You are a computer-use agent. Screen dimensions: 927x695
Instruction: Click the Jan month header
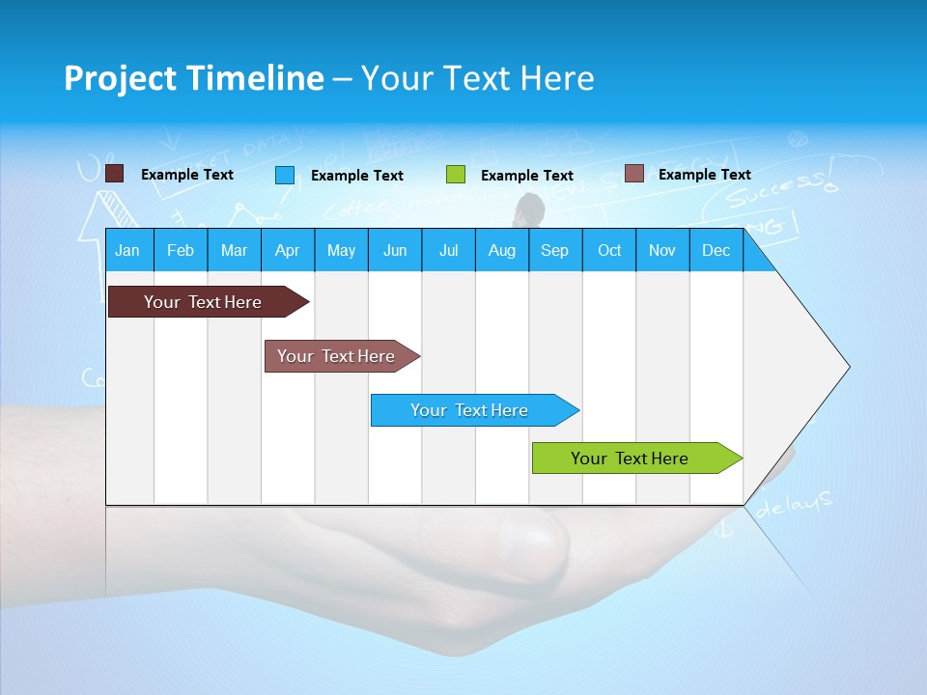127,251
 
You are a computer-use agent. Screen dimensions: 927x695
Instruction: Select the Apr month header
287,251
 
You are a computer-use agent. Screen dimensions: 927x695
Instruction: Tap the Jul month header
448,251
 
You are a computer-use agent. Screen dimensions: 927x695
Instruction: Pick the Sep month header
554,251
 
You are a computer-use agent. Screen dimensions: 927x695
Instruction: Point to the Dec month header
716,251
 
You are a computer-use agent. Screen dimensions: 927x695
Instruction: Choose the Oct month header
608,251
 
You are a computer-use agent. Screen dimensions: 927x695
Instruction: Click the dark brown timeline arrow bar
204,302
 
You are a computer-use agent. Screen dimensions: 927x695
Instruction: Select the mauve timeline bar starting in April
337,356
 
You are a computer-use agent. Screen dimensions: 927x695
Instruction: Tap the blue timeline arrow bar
470,410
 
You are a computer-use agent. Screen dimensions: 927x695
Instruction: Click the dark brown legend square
114,174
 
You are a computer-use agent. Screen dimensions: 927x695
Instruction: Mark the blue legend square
284,175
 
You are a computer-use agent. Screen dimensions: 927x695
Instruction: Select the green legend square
455,175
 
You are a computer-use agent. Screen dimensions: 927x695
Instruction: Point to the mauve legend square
633,174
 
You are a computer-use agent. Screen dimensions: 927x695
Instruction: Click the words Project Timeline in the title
193,78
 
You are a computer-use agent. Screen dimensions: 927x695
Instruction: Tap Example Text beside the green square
526,176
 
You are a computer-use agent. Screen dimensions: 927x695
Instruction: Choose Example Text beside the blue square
356,176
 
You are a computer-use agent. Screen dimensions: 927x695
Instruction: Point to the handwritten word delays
794,504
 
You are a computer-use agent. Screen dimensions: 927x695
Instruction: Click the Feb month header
181,251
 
